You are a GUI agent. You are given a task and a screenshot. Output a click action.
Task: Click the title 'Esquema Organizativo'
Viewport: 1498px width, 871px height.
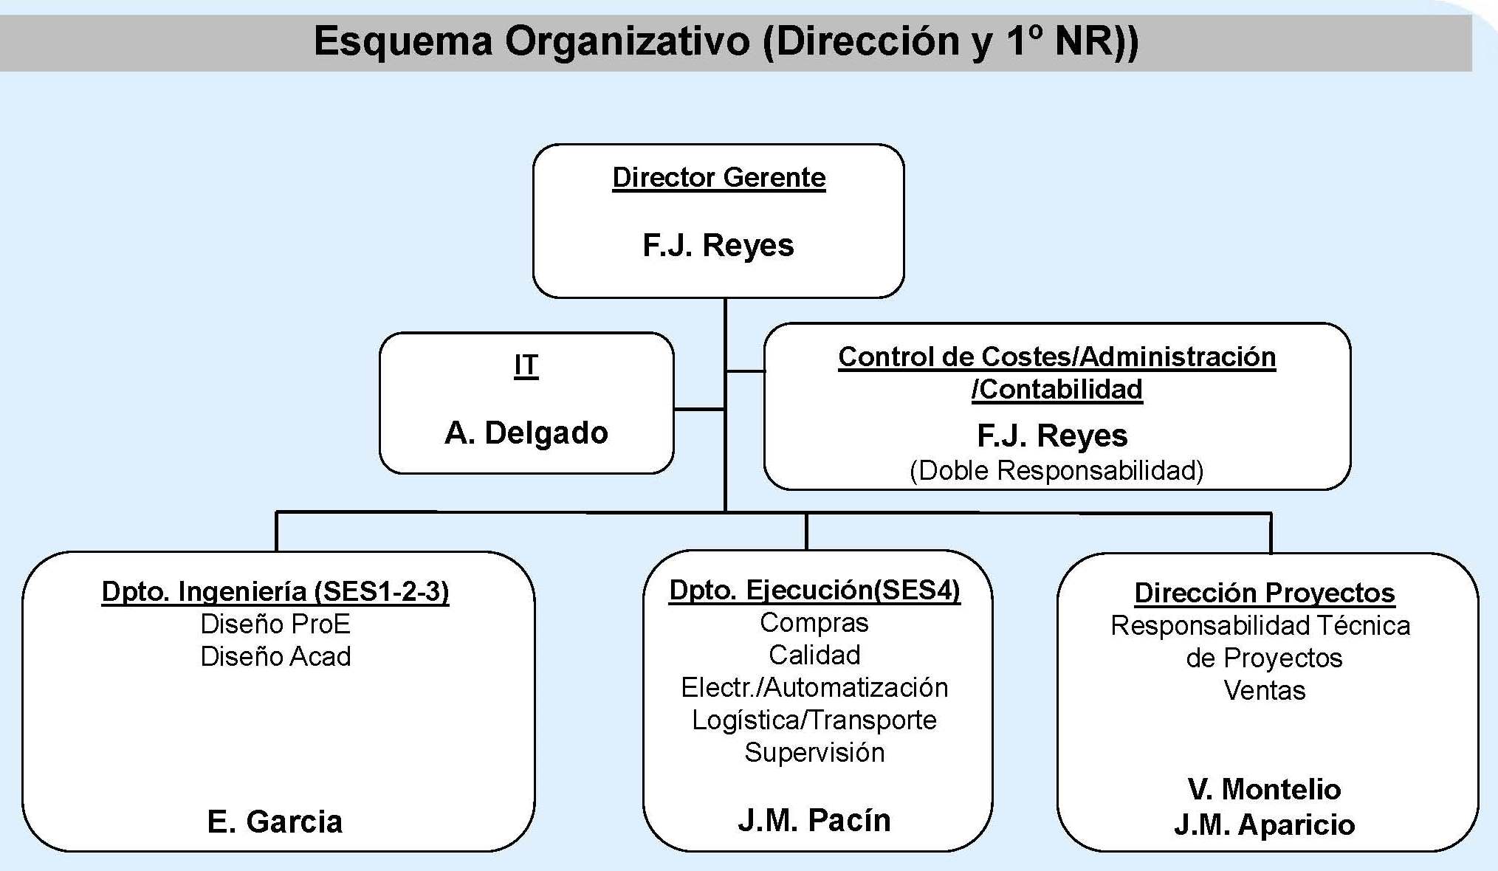point(532,41)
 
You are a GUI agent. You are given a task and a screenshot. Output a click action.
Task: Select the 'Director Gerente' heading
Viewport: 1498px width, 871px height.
point(719,178)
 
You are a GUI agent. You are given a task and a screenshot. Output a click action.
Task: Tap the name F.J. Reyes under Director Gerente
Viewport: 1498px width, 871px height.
point(718,246)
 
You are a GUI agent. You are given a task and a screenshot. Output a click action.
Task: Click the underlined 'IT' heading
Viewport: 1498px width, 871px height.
point(526,365)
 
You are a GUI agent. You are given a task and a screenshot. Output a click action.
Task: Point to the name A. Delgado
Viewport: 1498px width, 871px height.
point(526,433)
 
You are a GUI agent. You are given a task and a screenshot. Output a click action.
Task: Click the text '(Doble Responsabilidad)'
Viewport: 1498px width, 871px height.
point(1056,471)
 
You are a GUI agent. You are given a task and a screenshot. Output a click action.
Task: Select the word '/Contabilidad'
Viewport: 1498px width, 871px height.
point(1056,389)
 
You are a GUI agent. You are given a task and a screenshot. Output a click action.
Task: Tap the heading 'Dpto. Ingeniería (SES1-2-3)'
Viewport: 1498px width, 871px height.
point(275,592)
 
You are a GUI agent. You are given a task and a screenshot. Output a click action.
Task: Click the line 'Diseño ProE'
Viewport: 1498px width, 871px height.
point(275,624)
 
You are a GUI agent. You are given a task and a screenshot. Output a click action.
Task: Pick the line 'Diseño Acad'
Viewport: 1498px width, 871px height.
point(275,657)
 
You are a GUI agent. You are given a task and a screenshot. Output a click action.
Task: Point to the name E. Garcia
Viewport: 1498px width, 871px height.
point(275,822)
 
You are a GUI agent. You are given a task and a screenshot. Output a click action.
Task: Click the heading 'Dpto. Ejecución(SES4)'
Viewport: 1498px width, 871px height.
point(814,591)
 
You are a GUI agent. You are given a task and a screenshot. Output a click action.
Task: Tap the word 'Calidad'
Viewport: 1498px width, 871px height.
point(814,655)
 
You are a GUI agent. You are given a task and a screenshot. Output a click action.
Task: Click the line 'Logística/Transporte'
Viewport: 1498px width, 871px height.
point(814,720)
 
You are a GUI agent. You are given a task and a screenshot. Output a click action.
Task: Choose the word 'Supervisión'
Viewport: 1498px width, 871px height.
point(814,753)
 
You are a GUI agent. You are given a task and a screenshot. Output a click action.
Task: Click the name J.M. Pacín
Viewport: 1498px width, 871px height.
point(814,821)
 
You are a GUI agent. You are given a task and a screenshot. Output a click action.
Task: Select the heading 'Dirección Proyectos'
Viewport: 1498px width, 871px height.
point(1265,593)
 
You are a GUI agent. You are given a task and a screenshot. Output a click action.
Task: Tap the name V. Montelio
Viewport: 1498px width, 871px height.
point(1265,790)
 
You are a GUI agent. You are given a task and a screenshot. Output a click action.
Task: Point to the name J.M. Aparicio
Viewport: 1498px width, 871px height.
point(1265,825)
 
